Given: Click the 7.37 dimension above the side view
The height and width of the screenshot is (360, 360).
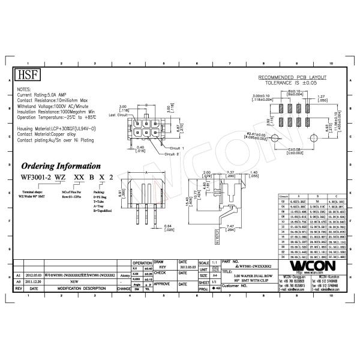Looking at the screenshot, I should click(x=214, y=172).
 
